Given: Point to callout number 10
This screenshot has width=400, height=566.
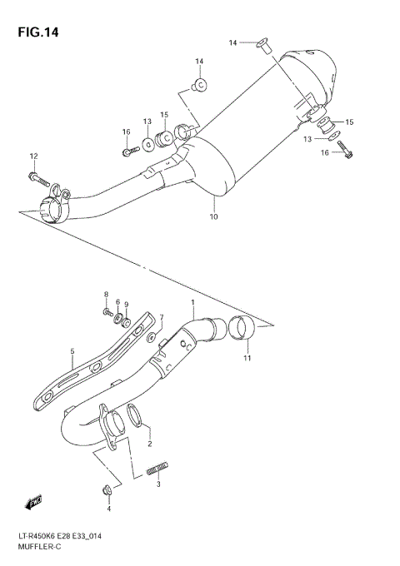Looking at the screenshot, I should pos(213,217).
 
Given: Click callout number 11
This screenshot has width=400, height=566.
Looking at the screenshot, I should pos(246,358).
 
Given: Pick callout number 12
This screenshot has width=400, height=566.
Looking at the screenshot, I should pos(34,156).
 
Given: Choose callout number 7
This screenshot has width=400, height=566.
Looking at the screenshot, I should pos(162,317).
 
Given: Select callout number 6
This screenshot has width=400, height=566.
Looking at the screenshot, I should pos(117,303).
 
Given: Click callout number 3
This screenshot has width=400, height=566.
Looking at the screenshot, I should pos(158,484).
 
